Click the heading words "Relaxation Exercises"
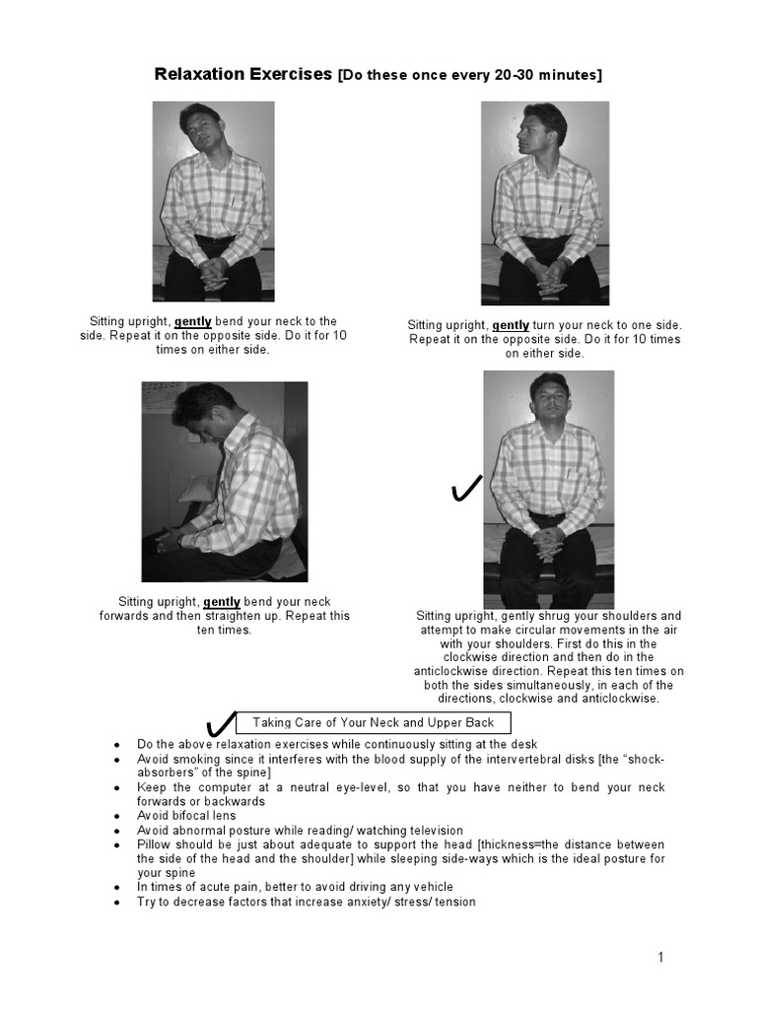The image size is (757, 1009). point(243,74)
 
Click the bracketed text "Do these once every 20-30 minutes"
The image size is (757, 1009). point(469,75)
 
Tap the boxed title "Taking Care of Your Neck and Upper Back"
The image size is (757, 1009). point(380,723)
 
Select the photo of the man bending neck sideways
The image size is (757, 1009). point(215,202)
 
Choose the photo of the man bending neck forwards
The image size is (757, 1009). point(225,482)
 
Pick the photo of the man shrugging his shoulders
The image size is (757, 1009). point(548,489)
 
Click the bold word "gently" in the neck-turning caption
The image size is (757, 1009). point(511,325)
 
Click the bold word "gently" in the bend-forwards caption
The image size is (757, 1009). point(222,602)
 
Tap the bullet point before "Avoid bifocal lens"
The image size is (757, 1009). point(118,816)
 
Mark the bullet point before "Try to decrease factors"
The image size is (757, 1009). point(118,902)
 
